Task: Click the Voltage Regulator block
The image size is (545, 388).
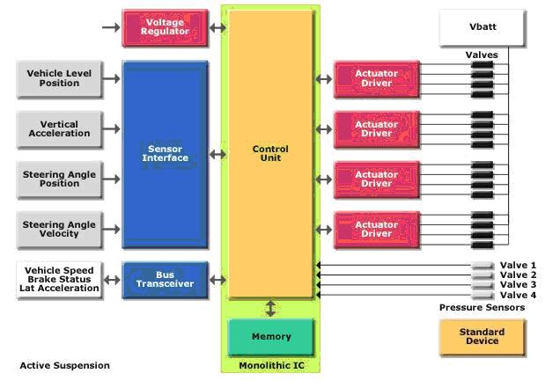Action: (165, 27)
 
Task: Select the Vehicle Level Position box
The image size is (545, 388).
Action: (59, 78)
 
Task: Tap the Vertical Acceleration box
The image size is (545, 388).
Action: (59, 128)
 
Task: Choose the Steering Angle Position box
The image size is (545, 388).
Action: (59, 179)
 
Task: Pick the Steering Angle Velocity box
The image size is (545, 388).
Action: (59, 229)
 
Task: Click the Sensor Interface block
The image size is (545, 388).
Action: (166, 153)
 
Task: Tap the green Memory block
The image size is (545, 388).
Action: (270, 337)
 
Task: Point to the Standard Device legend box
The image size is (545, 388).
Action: (482, 337)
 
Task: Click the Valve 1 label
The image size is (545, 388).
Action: (518, 266)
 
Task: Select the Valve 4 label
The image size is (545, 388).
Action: (518, 295)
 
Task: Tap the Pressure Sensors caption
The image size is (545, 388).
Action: (482, 308)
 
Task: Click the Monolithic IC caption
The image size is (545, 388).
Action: (270, 365)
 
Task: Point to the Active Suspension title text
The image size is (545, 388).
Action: (65, 365)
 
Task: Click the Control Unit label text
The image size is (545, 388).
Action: (270, 153)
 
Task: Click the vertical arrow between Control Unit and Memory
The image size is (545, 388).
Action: (270, 308)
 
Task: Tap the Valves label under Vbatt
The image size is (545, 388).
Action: (482, 55)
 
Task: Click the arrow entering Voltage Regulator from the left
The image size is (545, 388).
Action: (110, 27)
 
